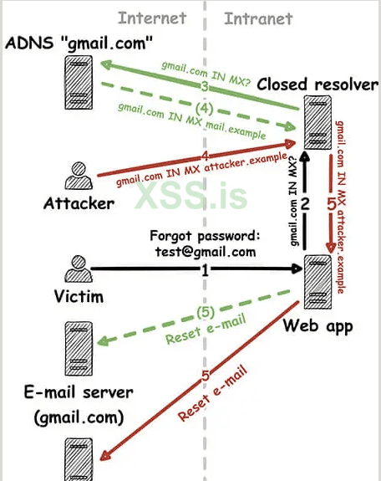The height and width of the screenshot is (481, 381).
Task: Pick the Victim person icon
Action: [76, 269]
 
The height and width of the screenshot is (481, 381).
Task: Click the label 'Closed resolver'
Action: [317, 84]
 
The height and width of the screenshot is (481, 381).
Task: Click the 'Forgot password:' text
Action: [206, 235]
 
